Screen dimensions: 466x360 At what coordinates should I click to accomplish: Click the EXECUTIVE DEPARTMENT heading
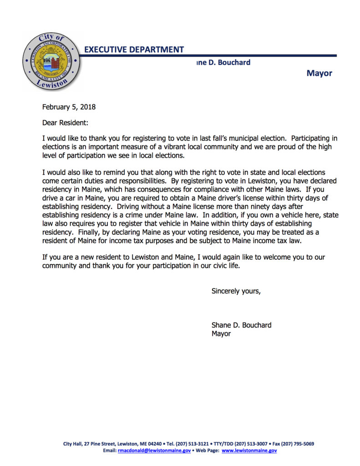[134, 50]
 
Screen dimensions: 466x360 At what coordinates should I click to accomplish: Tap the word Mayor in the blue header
[319, 73]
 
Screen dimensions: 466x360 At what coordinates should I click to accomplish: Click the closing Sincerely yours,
[236, 291]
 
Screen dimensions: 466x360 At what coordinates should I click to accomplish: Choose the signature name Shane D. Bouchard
[241, 325]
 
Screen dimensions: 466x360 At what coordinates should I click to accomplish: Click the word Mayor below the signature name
[221, 334]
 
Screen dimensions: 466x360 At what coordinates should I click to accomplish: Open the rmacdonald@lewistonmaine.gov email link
[154, 451]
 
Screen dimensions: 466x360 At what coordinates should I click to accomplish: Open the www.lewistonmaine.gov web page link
[249, 451]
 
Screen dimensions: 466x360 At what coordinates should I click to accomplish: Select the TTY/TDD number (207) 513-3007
[251, 444]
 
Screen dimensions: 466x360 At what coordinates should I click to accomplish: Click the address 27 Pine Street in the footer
[99, 444]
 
